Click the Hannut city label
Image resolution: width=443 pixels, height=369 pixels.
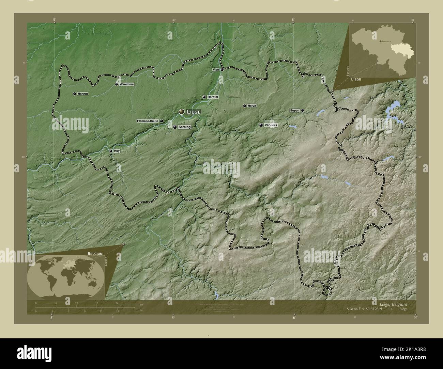[83, 94]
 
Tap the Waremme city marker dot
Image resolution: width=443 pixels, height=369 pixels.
[117, 84]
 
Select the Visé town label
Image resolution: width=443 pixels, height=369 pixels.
[216, 69]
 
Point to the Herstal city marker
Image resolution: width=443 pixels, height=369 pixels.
[204, 97]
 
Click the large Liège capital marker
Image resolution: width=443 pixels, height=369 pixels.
[182, 112]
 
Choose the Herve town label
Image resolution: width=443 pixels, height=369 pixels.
[252, 106]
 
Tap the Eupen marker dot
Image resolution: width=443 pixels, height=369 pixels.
[302, 110]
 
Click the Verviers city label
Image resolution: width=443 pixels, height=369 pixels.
[271, 125]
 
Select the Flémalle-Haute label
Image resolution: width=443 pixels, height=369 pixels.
[147, 121]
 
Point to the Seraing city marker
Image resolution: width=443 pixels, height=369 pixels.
[175, 127]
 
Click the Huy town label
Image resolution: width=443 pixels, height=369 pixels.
[117, 151]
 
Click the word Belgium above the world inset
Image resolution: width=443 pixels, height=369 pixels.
[95, 254]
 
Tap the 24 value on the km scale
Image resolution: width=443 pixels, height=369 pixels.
[117, 303]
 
